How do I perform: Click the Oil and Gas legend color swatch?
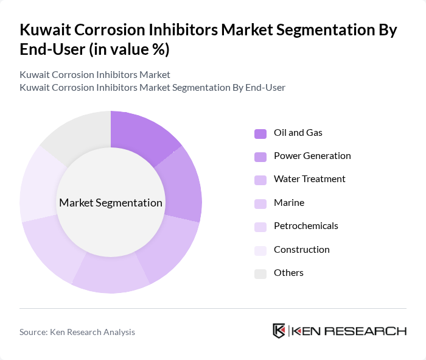pyautogui.click(x=260, y=133)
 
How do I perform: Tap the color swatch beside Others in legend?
pyautogui.click(x=260, y=274)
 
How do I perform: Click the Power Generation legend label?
pyautogui.click(x=312, y=156)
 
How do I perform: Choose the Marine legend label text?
pyautogui.click(x=288, y=203)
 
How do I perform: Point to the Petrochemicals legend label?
pyautogui.click(x=306, y=226)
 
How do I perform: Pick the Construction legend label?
pyautogui.click(x=301, y=250)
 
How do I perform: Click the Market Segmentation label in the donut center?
pyautogui.click(x=111, y=203)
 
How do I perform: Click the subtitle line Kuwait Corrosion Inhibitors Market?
pyautogui.click(x=94, y=75)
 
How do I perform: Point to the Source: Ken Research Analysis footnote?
pyautogui.click(x=77, y=332)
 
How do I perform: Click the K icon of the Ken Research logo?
pyautogui.click(x=279, y=331)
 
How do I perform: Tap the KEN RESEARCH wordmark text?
pyautogui.click(x=349, y=331)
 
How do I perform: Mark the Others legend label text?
pyautogui.click(x=288, y=273)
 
